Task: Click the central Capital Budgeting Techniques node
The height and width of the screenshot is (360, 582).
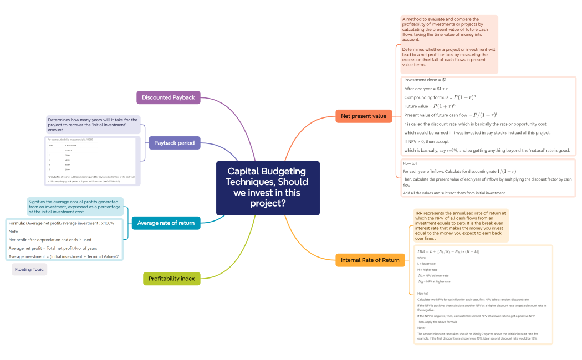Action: click(268, 188)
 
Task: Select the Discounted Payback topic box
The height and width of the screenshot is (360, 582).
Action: click(168, 97)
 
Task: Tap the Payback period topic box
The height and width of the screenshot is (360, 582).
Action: click(174, 143)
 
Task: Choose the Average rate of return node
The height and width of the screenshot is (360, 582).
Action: click(166, 223)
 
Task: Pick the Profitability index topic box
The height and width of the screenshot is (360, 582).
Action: click(171, 279)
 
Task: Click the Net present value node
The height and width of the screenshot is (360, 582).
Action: click(364, 116)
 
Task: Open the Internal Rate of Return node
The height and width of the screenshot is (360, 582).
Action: click(370, 260)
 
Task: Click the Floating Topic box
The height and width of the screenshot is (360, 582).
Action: click(29, 269)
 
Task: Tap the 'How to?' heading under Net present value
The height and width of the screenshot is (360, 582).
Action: click(410, 164)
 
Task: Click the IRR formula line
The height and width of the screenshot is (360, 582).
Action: click(448, 252)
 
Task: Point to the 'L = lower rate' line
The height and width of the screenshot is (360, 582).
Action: click(426, 264)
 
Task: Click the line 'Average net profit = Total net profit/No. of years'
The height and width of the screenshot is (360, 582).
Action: click(53, 248)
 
